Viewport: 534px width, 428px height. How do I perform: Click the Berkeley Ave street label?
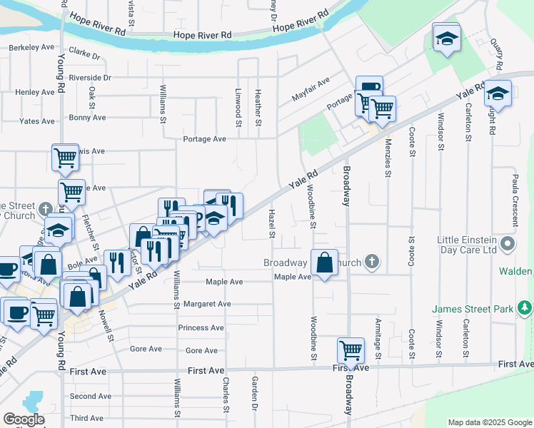31,48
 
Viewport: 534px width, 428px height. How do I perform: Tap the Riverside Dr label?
91,78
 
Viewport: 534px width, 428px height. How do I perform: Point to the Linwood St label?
238,104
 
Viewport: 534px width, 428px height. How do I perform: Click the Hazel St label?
272,223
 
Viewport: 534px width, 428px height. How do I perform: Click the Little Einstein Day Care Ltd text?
468,245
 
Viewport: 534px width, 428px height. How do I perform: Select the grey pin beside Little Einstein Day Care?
508,245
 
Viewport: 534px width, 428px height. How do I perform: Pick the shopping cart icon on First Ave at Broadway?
350,350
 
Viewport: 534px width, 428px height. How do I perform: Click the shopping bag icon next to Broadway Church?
324,262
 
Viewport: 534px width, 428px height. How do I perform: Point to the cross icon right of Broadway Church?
371,263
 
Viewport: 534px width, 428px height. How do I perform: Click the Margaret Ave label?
207,303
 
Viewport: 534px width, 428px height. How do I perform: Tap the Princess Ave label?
201,327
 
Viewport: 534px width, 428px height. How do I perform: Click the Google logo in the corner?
24,419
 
